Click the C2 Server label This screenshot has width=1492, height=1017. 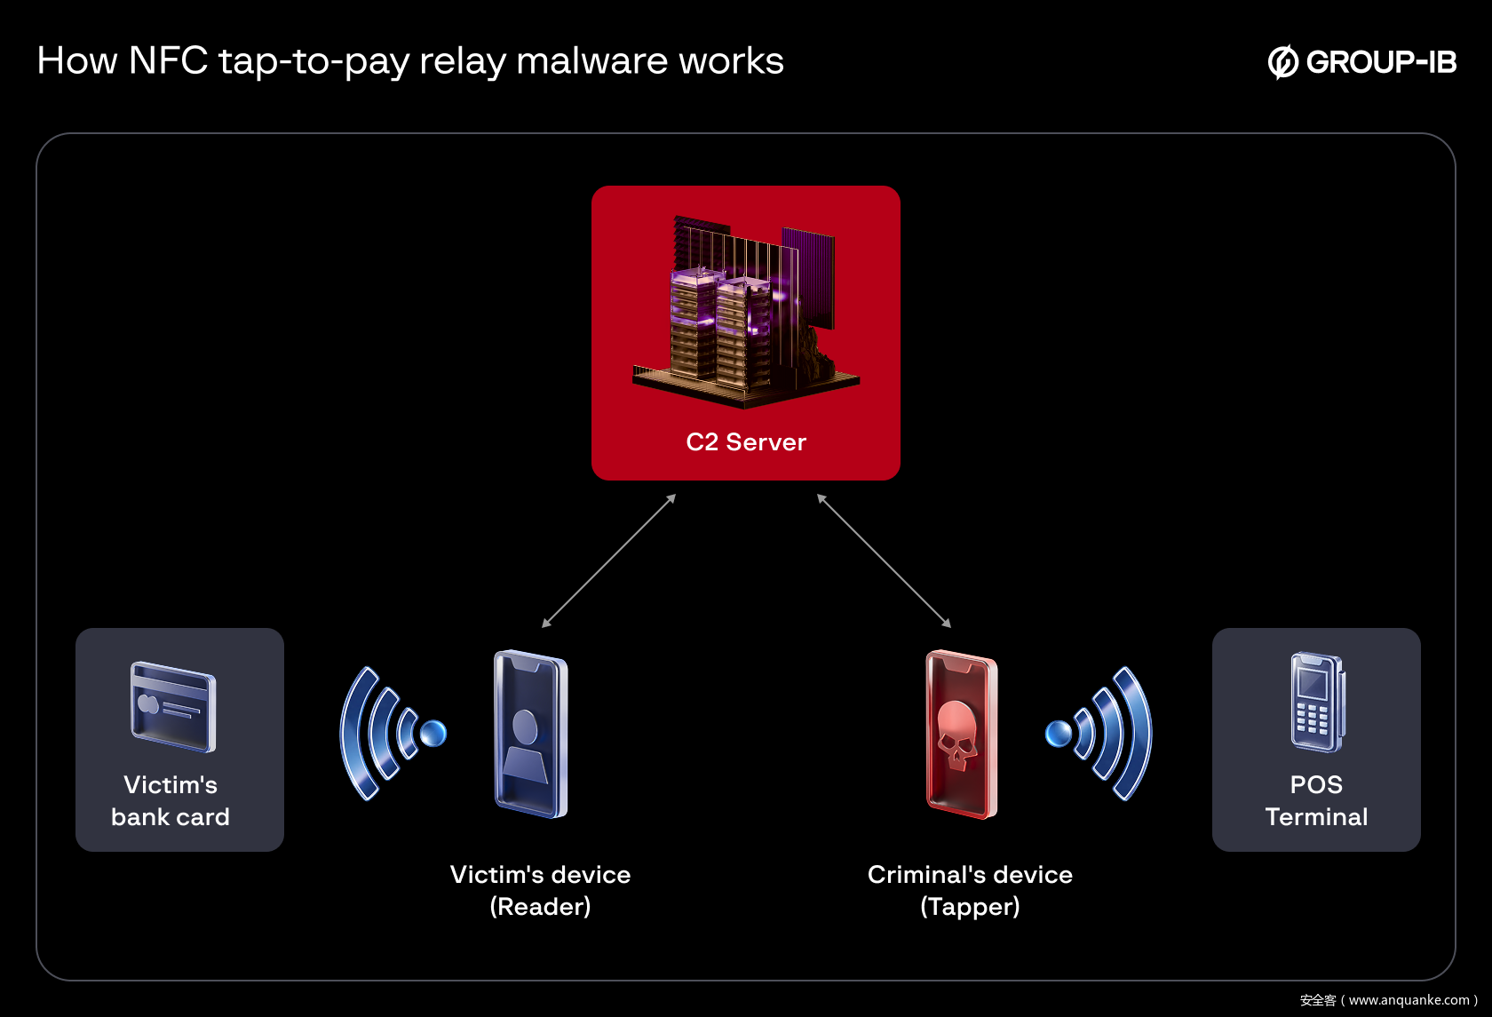(746, 442)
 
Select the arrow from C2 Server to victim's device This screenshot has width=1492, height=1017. (609, 560)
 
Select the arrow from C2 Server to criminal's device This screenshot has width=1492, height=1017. (884, 560)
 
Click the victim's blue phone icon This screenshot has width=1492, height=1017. (530, 735)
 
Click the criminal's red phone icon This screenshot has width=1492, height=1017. (961, 735)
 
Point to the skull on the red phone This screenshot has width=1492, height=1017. (956, 734)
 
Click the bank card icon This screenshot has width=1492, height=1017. (173, 707)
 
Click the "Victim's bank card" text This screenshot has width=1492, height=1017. (171, 800)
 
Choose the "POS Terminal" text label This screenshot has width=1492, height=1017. (1316, 800)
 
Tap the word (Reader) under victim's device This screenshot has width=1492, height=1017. (540, 907)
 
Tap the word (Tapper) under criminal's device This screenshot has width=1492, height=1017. (970, 907)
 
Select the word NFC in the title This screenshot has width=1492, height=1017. (168, 61)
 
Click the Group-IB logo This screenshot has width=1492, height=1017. (1362, 61)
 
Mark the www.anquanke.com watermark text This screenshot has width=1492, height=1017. (1409, 1000)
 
